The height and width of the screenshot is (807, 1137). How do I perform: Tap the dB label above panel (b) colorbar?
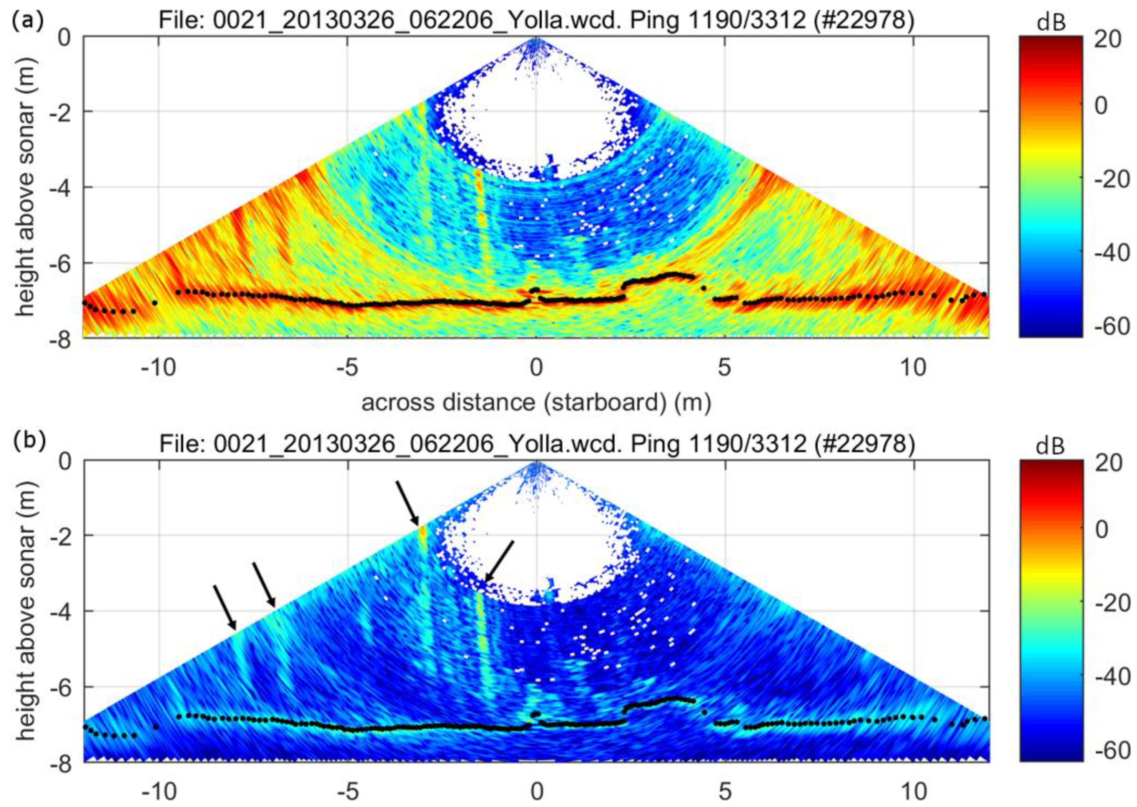1051,447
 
